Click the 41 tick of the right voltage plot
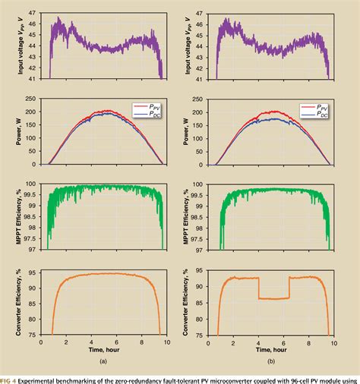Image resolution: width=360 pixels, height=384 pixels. click(201, 78)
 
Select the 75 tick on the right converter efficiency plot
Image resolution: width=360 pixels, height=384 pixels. click(201, 335)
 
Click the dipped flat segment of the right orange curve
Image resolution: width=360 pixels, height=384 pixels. click(273, 298)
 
